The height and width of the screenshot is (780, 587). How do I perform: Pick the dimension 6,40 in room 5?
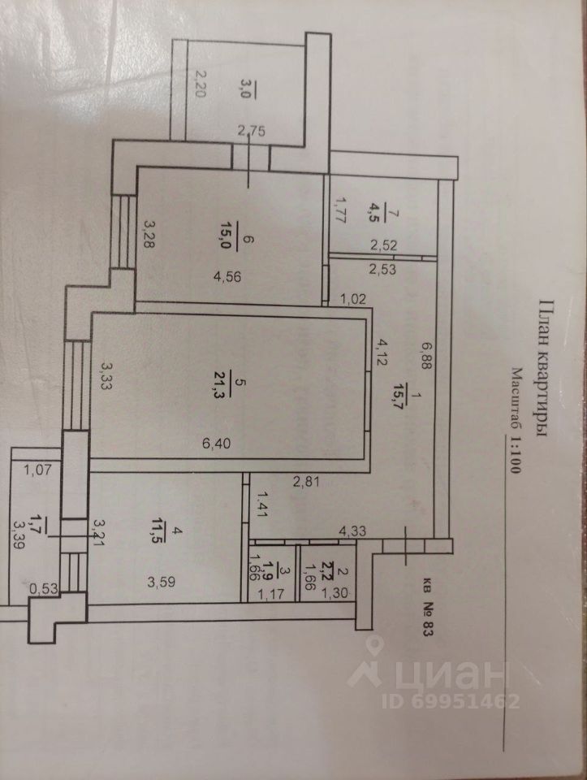(218, 444)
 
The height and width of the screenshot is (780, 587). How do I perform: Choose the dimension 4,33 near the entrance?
(352, 531)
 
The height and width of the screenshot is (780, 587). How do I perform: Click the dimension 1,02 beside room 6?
(354, 297)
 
